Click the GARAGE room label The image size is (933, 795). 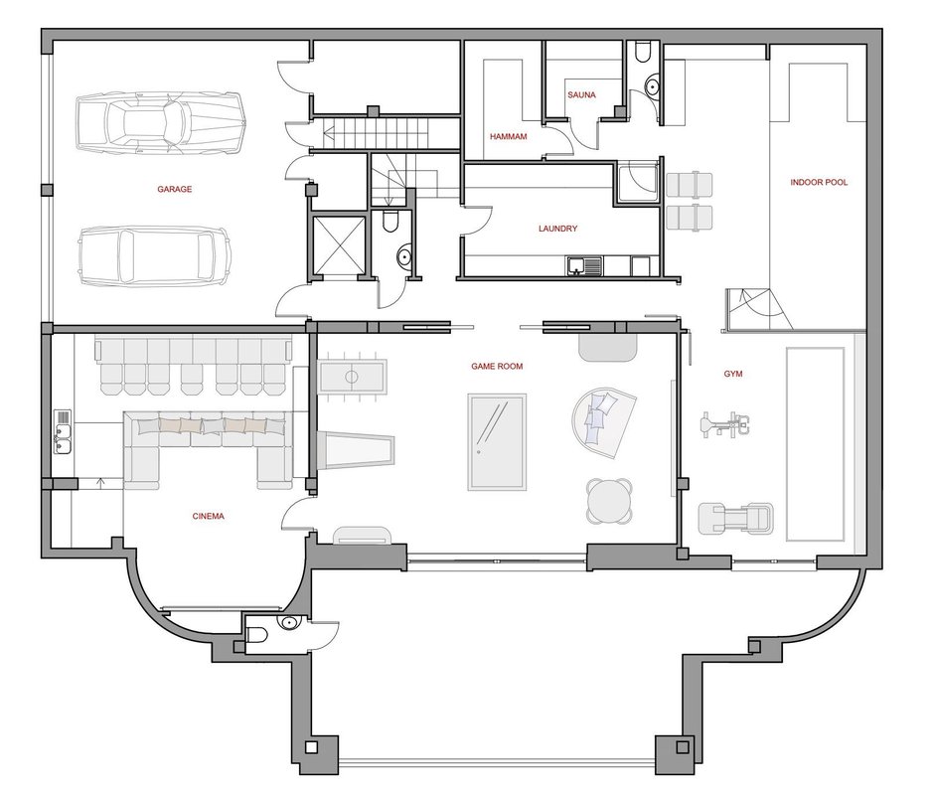(174, 189)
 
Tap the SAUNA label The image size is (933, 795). (581, 94)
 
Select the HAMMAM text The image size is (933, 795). (508, 136)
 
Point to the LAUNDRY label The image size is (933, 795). (557, 228)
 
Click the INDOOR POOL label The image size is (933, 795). (819, 182)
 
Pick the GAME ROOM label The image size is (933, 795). (497, 366)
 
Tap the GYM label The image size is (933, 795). (733, 374)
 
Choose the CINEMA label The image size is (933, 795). (209, 516)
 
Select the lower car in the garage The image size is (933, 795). (155, 255)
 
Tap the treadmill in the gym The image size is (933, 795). (735, 517)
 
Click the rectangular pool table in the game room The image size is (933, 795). (497, 441)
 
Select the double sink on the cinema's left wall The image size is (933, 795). (63, 431)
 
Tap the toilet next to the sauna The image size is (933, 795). (643, 52)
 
